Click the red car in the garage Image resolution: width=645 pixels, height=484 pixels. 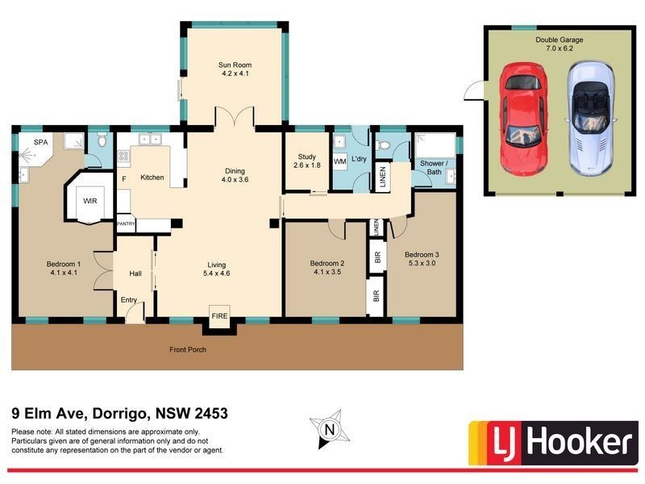522,117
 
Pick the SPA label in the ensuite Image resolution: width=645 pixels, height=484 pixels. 40,143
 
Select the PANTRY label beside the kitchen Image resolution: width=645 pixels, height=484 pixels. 126,223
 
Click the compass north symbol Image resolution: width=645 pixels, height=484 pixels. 328,429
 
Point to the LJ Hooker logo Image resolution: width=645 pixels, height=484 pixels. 551,442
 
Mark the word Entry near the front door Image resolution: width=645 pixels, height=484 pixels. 129,300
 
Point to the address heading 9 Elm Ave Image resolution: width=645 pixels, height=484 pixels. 120,414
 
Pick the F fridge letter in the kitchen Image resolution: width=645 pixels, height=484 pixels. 123,178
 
